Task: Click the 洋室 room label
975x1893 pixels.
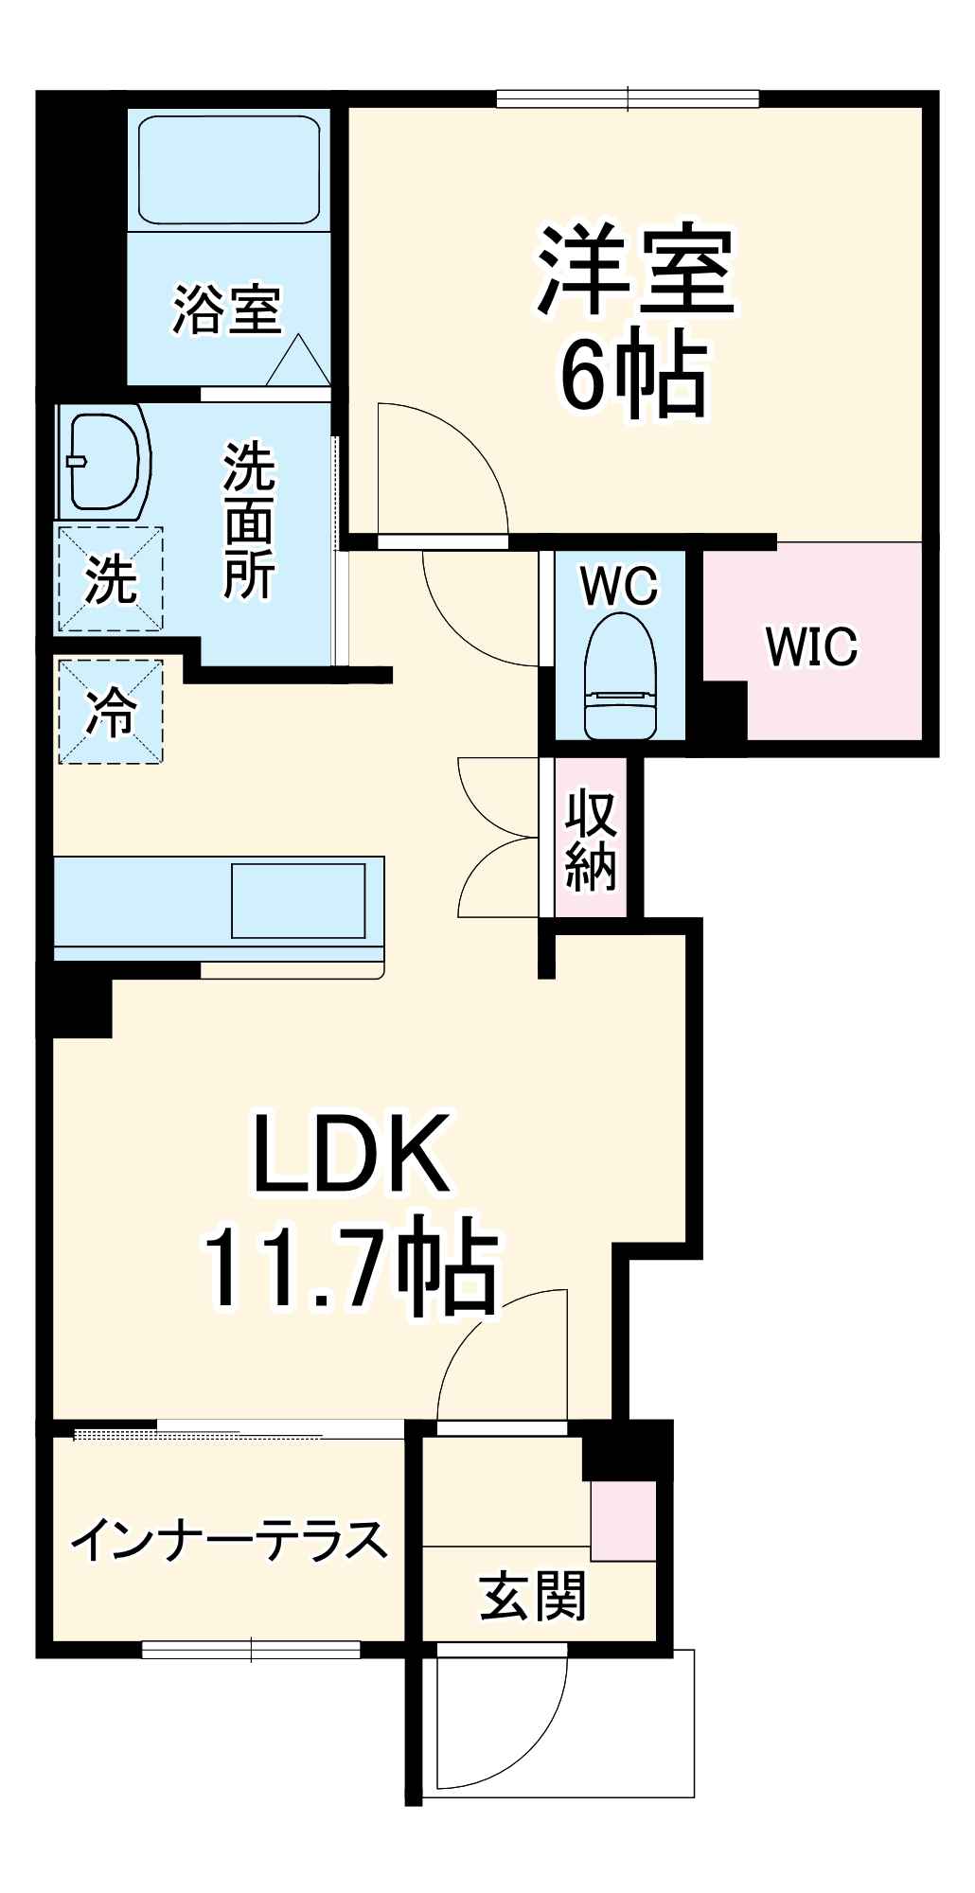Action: pos(636,272)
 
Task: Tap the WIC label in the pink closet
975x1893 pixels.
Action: pos(811,646)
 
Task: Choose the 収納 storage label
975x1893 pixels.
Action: pos(591,840)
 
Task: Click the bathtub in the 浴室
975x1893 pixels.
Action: pos(229,170)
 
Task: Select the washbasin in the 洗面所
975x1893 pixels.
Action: pos(106,461)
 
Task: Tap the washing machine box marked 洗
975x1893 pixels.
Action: pos(111,579)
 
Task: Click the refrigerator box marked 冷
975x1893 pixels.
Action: pos(111,712)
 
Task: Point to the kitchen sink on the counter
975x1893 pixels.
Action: pos(298,899)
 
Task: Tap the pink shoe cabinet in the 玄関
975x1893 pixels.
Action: pos(623,1522)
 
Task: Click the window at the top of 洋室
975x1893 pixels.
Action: pos(628,98)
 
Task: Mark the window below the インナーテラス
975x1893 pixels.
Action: pos(251,1650)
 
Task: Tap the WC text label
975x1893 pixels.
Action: pos(619,587)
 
